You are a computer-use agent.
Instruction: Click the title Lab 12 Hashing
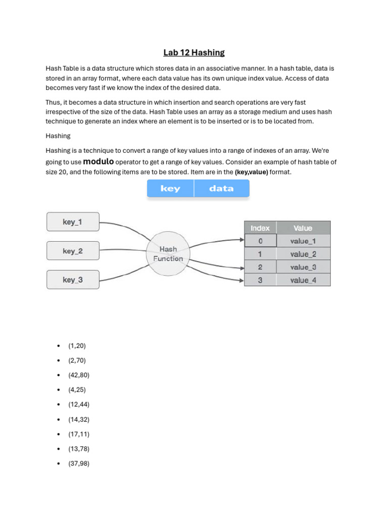point(194,53)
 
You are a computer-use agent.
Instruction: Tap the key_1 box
point(73,222)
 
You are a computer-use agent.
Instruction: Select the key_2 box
point(73,251)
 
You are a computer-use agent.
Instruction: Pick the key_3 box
point(73,280)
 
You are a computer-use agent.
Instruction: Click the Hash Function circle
point(168,254)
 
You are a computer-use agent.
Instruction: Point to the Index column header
point(260,228)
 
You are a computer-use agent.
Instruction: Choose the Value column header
point(303,228)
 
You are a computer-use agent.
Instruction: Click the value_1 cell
point(303,241)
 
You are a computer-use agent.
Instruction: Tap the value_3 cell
point(303,267)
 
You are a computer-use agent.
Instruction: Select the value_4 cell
point(303,280)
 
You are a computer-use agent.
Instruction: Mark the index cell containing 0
point(260,241)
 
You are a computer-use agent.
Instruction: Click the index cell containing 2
point(260,267)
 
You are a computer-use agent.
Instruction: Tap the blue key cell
point(170,189)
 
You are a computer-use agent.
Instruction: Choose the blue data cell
point(221,189)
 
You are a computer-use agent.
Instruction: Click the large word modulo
point(99,161)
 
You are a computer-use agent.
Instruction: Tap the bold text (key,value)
point(252,172)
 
